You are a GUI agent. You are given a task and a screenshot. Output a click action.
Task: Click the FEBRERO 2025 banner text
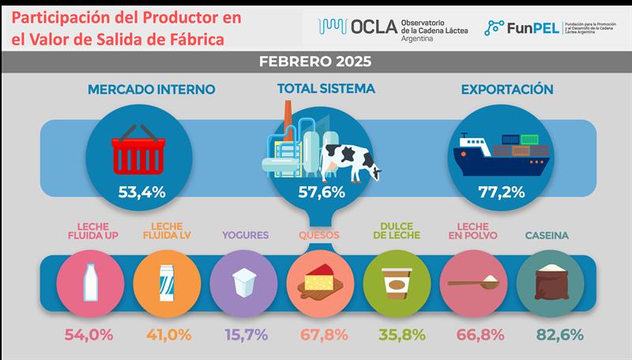315,61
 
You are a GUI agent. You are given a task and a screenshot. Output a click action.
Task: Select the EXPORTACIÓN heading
508,89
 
